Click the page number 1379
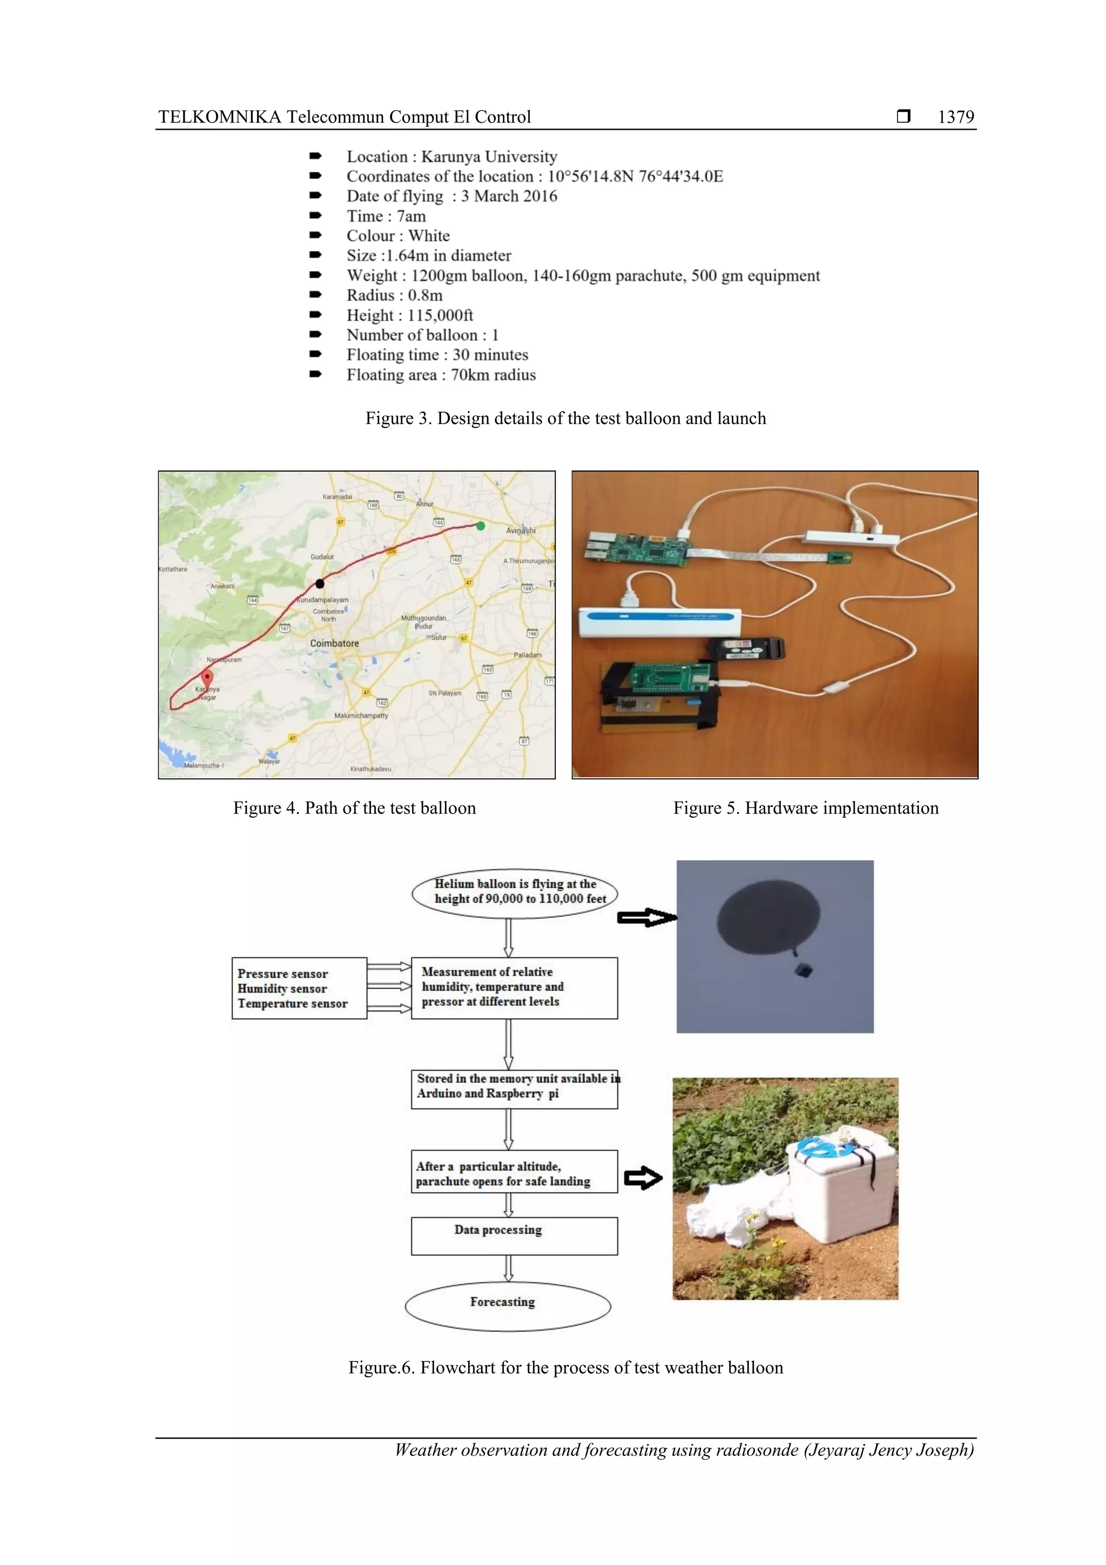click(955, 117)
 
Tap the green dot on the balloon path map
click(481, 526)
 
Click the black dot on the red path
click(320, 583)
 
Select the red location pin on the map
click(207, 678)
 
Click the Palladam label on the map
click(528, 655)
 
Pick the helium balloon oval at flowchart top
click(515, 891)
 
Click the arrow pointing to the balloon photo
click(646, 917)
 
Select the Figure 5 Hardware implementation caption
click(806, 808)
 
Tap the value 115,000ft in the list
click(440, 315)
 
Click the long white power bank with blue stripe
click(659, 622)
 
